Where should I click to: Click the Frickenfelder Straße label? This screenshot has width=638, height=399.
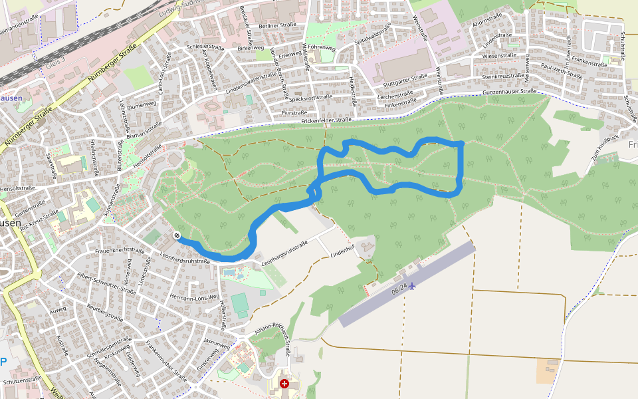pyautogui.click(x=326, y=120)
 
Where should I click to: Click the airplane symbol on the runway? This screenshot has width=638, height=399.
pyautogui.click(x=412, y=285)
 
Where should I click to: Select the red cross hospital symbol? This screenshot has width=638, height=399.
pyautogui.click(x=284, y=384)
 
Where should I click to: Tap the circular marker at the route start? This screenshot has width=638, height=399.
pyautogui.click(x=177, y=235)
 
